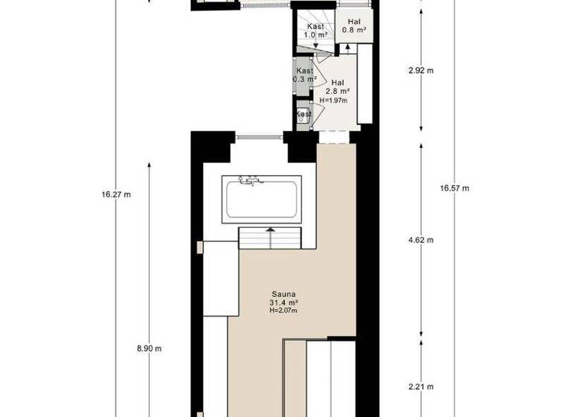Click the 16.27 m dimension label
pyautogui.click(x=116, y=195)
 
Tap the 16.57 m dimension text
pyautogui.click(x=454, y=188)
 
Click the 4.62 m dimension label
pyautogui.click(x=421, y=241)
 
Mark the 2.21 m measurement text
pyautogui.click(x=421, y=386)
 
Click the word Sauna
pyautogui.click(x=283, y=294)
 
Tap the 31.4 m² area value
pyautogui.click(x=283, y=302)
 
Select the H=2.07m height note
pyautogui.click(x=283, y=311)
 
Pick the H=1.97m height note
pyautogui.click(x=334, y=101)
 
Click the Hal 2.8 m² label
pyautogui.click(x=337, y=87)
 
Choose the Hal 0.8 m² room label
pyautogui.click(x=353, y=27)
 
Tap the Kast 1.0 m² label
pyautogui.click(x=315, y=31)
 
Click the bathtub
pyautogui.click(x=262, y=200)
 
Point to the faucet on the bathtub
pyautogui.click(x=250, y=180)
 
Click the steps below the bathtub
pyautogui.click(x=270, y=239)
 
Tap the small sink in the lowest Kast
pyautogui.click(x=303, y=116)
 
